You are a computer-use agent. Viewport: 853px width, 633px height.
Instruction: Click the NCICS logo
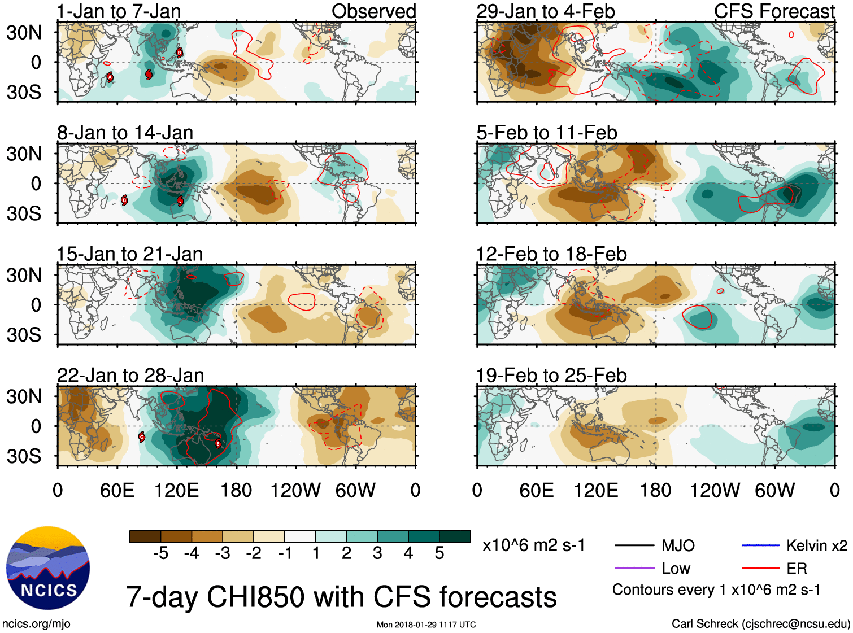tap(48, 567)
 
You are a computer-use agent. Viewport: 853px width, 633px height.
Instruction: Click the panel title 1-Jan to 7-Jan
tap(119, 11)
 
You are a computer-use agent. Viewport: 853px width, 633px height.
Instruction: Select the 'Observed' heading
tap(373, 11)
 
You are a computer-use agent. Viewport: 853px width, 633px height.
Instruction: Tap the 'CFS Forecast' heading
tap(774, 11)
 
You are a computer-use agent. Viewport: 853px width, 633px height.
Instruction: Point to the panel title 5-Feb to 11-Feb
tap(546, 133)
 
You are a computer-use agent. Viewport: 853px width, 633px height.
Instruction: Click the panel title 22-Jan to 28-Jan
tap(130, 376)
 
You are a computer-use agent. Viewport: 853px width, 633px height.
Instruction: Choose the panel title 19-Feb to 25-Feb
tap(551, 376)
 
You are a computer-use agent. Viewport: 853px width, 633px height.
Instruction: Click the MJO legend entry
tap(678, 545)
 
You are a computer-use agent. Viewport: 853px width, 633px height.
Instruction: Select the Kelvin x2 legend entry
tap(816, 545)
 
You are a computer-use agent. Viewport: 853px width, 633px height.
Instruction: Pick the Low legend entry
tap(676, 568)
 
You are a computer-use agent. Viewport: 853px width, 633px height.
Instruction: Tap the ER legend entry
tap(797, 568)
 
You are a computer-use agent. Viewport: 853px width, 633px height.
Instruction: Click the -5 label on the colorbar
tap(160, 553)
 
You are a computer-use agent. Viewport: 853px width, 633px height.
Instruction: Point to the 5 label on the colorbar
tap(439, 553)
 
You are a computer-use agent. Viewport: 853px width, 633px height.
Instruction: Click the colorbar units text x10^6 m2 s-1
tap(533, 545)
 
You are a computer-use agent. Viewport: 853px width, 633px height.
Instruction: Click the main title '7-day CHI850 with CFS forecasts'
tap(341, 597)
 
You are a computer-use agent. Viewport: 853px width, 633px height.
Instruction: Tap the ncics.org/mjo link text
tap(36, 623)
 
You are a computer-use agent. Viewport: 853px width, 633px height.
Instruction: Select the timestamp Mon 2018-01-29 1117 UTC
tap(426, 625)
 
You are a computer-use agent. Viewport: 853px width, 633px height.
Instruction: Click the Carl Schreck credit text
tap(760, 623)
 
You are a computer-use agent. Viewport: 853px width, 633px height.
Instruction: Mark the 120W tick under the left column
tap(295, 490)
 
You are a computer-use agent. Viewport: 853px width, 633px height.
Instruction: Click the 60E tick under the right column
tap(536, 490)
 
